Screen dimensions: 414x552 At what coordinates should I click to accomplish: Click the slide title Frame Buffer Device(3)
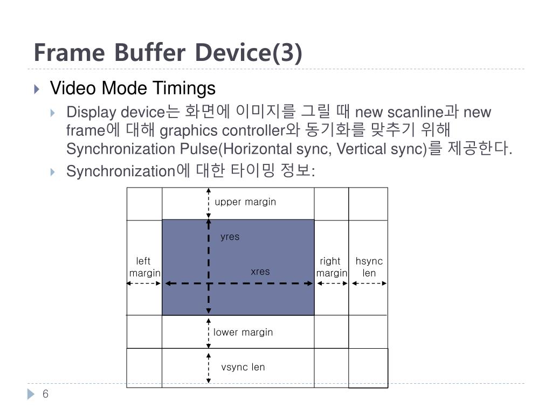point(168,53)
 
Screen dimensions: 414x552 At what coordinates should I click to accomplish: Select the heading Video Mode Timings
point(133,88)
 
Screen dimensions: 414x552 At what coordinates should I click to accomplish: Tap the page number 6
point(45,394)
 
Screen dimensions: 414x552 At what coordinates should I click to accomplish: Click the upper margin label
point(245,202)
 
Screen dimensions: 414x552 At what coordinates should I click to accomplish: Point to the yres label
point(230,237)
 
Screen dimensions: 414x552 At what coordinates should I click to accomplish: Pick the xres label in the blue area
point(260,272)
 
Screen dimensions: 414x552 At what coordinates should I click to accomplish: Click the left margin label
point(144,267)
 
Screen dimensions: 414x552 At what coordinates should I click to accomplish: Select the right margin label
point(332,267)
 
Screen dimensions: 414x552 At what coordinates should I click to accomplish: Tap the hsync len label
point(369,267)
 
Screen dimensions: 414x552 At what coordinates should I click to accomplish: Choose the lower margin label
point(243,332)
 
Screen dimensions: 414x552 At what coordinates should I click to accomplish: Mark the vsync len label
point(243,367)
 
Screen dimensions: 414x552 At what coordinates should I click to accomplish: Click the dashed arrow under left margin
point(144,283)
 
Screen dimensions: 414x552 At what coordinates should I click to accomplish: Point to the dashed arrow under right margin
point(332,283)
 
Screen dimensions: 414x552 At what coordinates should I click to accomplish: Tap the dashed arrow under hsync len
point(369,283)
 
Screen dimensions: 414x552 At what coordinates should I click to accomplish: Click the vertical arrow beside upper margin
point(209,203)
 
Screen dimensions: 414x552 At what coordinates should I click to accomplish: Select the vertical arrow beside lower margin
point(209,332)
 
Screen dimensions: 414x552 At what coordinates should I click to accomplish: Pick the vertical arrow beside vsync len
point(209,368)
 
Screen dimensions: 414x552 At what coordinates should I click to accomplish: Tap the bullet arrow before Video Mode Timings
point(36,88)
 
